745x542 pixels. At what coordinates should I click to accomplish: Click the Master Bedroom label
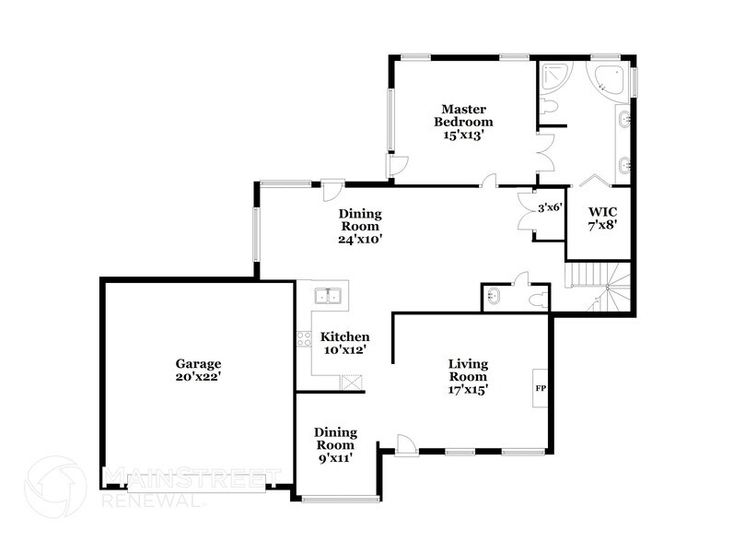[465, 121]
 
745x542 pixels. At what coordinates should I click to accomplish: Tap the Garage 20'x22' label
[199, 370]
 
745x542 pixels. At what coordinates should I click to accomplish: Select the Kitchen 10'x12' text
[344, 343]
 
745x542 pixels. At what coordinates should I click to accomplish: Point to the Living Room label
[468, 376]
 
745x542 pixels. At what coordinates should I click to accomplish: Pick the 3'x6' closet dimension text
[550, 207]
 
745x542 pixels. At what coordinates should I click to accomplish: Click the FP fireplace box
[541, 388]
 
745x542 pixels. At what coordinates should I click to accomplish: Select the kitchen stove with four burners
[302, 338]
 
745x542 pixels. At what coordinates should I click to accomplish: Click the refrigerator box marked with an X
[352, 383]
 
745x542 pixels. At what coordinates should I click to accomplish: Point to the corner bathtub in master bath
[609, 79]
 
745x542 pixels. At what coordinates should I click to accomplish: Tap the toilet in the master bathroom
[550, 109]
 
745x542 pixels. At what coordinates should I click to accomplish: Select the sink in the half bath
[493, 297]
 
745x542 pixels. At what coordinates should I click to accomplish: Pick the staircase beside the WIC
[599, 286]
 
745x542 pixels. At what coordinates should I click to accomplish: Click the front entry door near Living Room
[405, 444]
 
